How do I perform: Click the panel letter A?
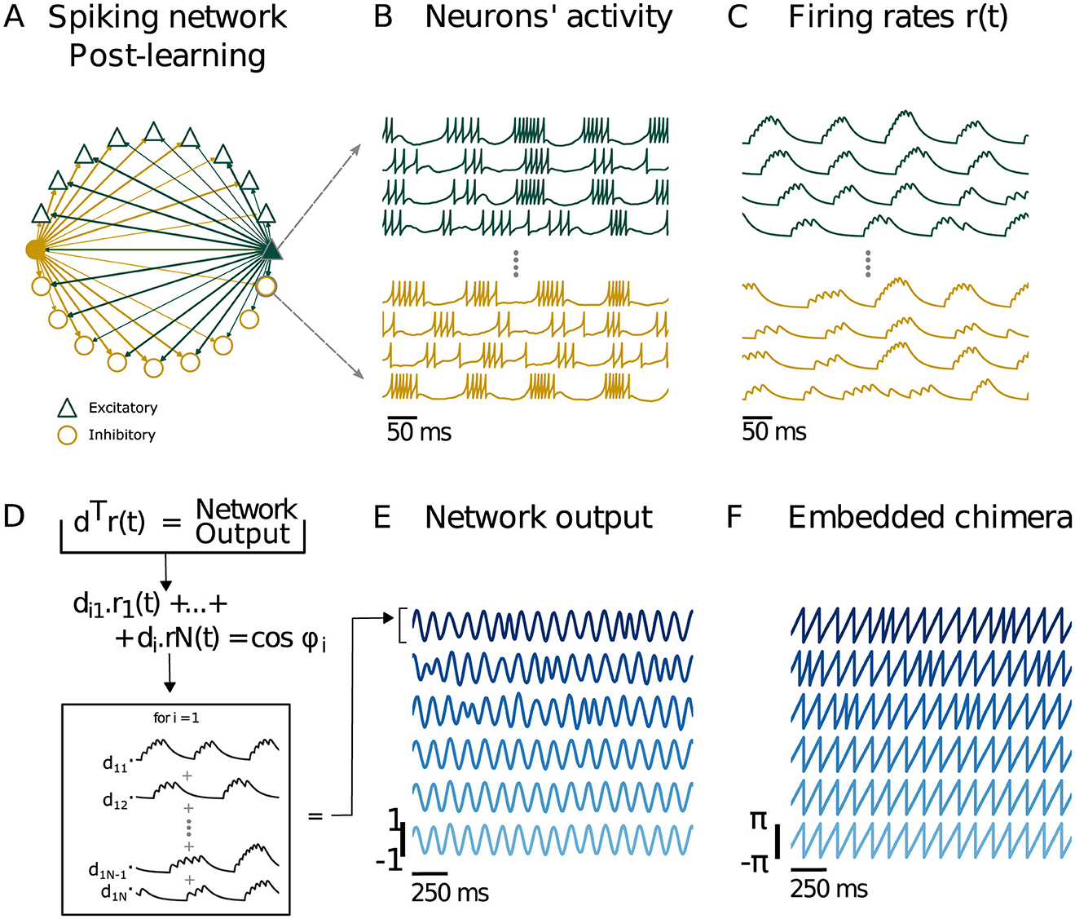tap(14, 17)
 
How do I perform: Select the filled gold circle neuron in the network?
tap(35, 250)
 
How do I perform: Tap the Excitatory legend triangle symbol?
tap(67, 408)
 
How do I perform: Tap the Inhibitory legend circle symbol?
tap(67, 435)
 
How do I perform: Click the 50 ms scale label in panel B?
tap(419, 431)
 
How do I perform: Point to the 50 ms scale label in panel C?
tap(773, 431)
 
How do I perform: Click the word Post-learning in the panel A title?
tap(167, 55)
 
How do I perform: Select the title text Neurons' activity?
tap(549, 17)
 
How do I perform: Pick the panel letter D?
tap(14, 517)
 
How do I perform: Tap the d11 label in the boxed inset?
tap(115, 763)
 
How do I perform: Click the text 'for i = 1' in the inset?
tap(176, 718)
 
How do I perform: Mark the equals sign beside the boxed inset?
tap(315, 815)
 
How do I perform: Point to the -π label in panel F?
tap(756, 862)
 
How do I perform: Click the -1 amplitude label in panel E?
tap(389, 860)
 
